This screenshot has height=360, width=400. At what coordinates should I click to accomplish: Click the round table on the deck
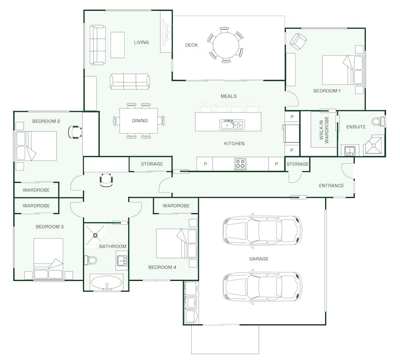click(x=226, y=45)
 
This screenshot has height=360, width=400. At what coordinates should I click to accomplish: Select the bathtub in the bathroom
click(x=106, y=283)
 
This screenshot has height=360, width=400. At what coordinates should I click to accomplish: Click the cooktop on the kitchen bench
click(x=240, y=164)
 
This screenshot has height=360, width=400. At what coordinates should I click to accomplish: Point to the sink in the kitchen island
click(x=232, y=125)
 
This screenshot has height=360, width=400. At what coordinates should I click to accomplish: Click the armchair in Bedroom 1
click(x=298, y=41)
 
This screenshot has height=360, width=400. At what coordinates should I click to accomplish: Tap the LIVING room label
click(x=141, y=42)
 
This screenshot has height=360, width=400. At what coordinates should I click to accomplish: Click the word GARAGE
click(x=259, y=259)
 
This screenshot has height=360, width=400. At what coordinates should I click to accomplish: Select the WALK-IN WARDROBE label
click(x=324, y=129)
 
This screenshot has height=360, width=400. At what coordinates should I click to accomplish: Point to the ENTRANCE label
click(x=332, y=186)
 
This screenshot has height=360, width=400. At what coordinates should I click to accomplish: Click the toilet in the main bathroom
click(x=91, y=260)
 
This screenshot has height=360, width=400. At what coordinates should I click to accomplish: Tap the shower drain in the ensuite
click(x=374, y=146)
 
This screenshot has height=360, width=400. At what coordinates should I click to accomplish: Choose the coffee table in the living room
click(x=118, y=45)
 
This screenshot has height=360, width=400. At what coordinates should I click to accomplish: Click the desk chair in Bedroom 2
click(x=75, y=132)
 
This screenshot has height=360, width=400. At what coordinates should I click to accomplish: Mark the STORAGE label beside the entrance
click(x=297, y=164)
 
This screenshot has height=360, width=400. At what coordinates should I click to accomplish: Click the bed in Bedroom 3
click(x=48, y=258)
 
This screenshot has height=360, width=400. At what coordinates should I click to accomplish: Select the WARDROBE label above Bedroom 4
click(x=176, y=206)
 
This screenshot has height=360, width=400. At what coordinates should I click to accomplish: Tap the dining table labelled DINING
click(x=139, y=121)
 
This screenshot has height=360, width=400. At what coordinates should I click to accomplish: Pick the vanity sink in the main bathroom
click(x=122, y=261)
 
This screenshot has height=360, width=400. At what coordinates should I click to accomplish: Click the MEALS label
click(x=228, y=96)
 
